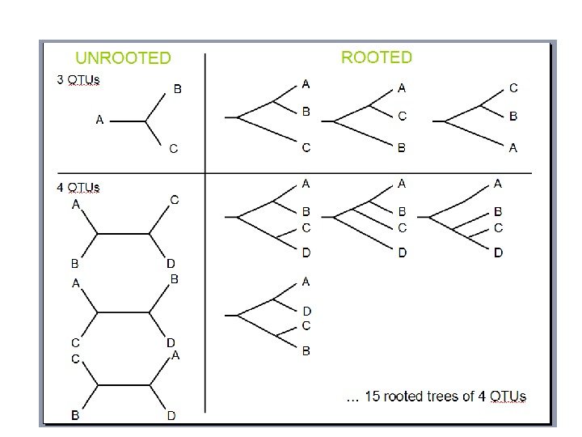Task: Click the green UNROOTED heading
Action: click(123, 58)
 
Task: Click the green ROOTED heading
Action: click(377, 57)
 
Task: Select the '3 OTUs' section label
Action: click(78, 80)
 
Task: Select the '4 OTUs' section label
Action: click(78, 188)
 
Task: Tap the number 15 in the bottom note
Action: click(372, 397)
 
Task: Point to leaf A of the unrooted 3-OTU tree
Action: click(99, 120)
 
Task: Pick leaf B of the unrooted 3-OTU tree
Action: click(178, 89)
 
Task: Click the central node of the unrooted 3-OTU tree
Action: click(146, 121)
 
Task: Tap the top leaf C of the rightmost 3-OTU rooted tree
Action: click(513, 87)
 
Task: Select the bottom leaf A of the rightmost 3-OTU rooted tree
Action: click(513, 147)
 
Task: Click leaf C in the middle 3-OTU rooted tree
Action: click(402, 117)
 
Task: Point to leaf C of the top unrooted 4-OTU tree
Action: click(175, 200)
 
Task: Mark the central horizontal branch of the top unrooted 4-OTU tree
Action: click(123, 234)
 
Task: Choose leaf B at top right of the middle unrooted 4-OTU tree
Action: click(175, 279)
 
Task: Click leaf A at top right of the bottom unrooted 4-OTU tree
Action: click(175, 355)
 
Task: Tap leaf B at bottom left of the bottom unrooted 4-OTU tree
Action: click(75, 415)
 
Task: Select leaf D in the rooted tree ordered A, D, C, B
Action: click(306, 311)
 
